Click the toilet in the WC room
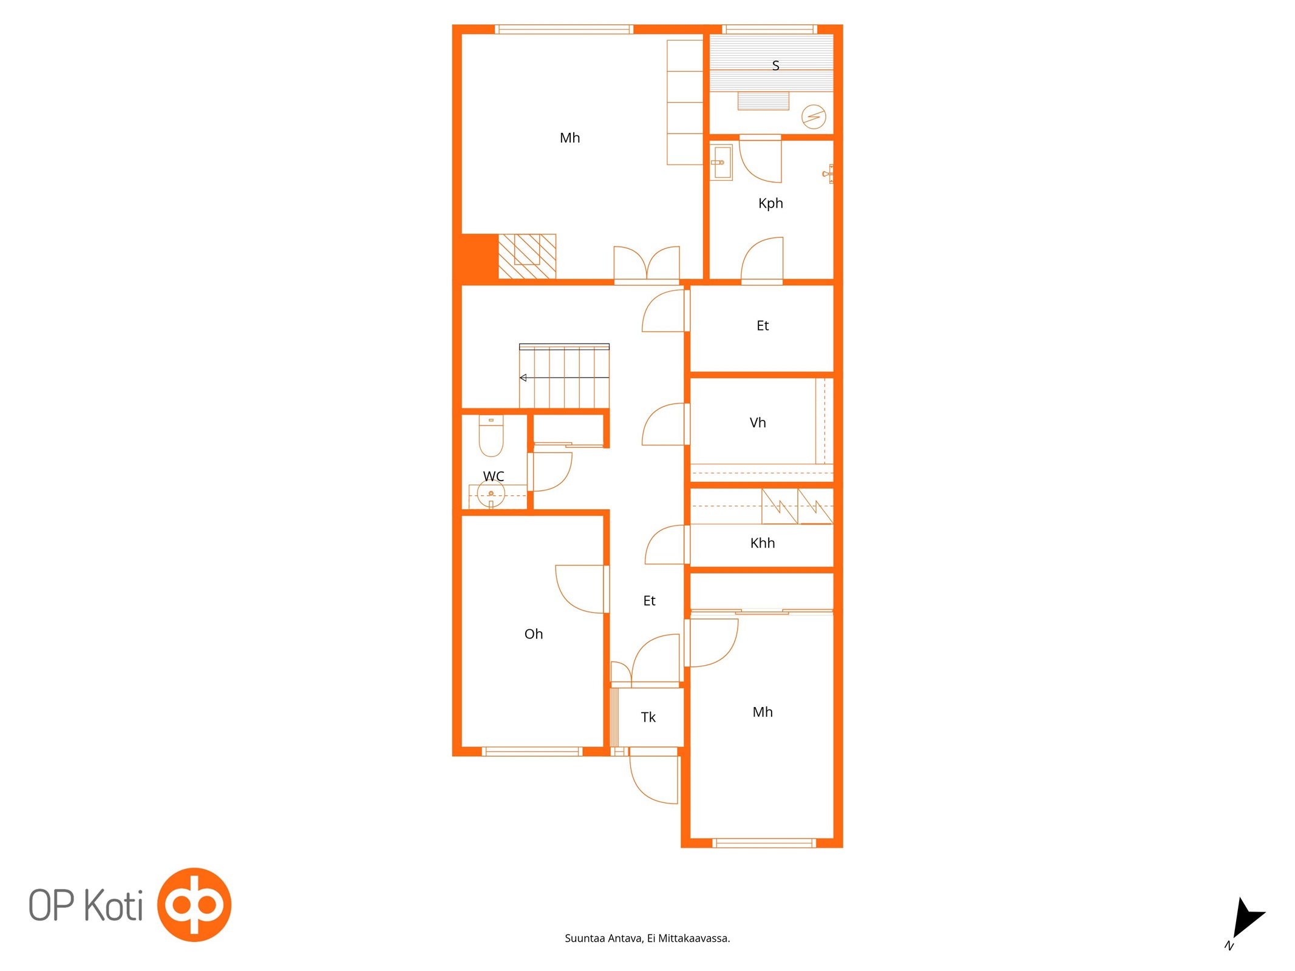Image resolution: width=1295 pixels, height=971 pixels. [x=491, y=435]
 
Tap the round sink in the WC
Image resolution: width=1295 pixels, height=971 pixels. [x=491, y=495]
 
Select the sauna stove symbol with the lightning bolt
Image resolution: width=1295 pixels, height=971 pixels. [x=814, y=117]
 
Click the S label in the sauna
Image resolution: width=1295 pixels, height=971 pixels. [x=775, y=66]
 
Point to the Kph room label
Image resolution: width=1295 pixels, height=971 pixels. [x=770, y=203]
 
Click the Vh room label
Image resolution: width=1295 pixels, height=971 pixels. [x=758, y=422]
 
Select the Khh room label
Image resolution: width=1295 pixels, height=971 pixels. [x=763, y=543]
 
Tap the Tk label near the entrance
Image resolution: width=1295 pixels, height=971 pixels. [x=648, y=717]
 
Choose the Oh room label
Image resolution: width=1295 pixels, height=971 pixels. [x=534, y=634]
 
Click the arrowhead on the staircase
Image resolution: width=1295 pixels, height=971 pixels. [x=523, y=377]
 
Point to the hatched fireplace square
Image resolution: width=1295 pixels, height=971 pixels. [x=527, y=257]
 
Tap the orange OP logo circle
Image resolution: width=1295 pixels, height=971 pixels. [x=194, y=904]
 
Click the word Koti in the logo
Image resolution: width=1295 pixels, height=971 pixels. [x=114, y=905]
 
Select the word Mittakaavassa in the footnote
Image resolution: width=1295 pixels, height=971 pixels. [x=694, y=938]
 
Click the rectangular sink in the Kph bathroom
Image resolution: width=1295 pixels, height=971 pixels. [x=722, y=162]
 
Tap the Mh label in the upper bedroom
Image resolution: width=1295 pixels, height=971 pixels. [x=569, y=138]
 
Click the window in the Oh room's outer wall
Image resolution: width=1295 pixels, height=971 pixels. [x=532, y=752]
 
